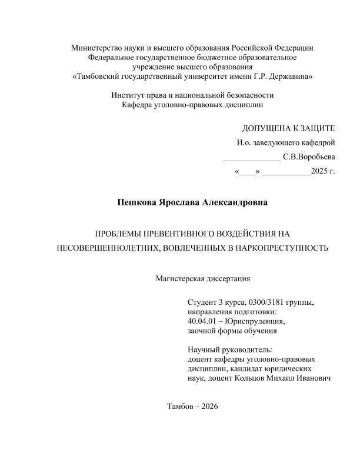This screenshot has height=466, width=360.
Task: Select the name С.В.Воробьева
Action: pyautogui.click(x=309, y=157)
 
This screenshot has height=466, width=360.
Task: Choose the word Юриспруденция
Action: pyautogui.click(x=259, y=321)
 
